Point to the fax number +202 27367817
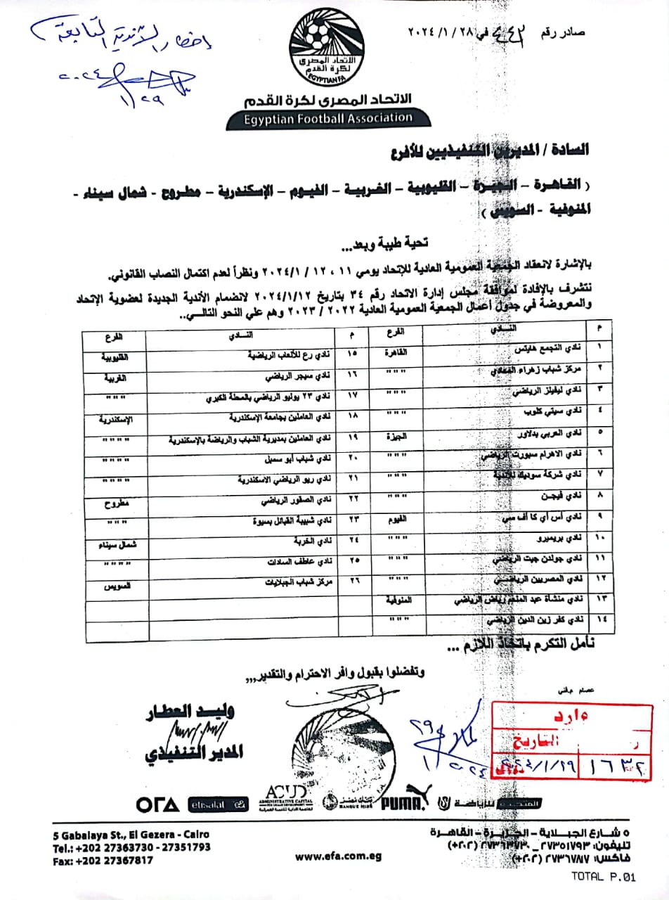point(103,860)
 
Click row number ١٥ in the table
point(353,352)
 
